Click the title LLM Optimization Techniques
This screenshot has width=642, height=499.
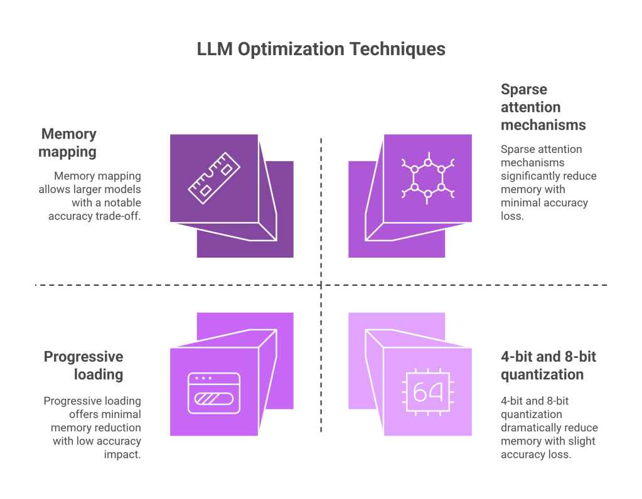coord(321,50)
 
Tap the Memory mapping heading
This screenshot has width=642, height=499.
coord(69,142)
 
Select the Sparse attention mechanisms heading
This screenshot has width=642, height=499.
coord(543,107)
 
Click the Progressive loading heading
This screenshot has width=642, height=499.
coord(83,365)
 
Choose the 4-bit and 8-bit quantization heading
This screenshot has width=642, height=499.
coord(548,365)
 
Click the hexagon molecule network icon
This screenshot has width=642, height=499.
coord(428,178)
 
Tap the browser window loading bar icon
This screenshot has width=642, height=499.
coord(214,393)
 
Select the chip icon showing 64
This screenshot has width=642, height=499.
coord(428,392)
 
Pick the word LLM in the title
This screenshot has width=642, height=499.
coord(215,50)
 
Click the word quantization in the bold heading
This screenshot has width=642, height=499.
coord(542,375)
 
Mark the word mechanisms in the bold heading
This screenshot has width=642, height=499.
coord(543,125)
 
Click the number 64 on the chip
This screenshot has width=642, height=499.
coord(428,392)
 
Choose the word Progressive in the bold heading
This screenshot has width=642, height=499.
coord(83,357)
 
